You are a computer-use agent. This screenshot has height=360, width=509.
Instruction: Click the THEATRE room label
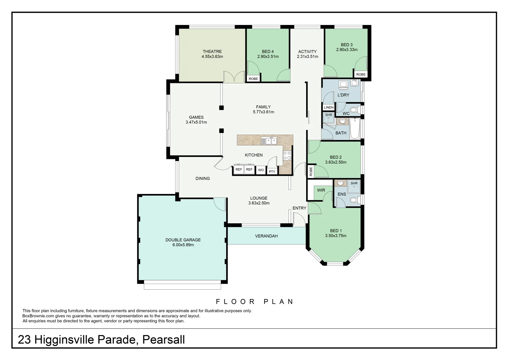[x=212, y=51]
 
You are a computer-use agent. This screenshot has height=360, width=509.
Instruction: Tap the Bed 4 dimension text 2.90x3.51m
[x=268, y=57]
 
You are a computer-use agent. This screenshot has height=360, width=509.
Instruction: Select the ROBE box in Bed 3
[x=361, y=74]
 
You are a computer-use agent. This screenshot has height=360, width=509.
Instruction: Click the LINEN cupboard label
[x=328, y=107]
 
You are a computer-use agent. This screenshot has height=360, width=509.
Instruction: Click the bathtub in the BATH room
[x=355, y=129]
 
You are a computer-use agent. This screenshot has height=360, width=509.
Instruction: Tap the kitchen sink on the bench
[x=269, y=141]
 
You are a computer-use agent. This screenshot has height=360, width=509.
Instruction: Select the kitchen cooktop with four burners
[x=287, y=155]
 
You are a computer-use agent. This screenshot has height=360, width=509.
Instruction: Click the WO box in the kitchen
[x=261, y=170]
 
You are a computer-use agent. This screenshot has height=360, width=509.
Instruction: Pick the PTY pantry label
[x=272, y=171]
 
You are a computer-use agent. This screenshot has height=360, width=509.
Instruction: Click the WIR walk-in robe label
[x=321, y=190]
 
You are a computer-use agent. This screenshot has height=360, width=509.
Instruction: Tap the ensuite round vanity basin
[x=340, y=183]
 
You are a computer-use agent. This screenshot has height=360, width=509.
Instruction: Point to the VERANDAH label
[x=266, y=236]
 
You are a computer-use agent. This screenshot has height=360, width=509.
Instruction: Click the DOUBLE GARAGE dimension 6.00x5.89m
[x=183, y=245]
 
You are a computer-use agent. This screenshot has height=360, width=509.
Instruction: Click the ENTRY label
[x=299, y=208]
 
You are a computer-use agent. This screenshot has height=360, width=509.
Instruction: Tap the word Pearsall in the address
[x=164, y=340]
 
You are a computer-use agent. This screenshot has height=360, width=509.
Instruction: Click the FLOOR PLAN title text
[x=255, y=302]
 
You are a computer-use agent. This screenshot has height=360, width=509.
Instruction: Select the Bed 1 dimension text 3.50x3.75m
[x=336, y=236]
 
